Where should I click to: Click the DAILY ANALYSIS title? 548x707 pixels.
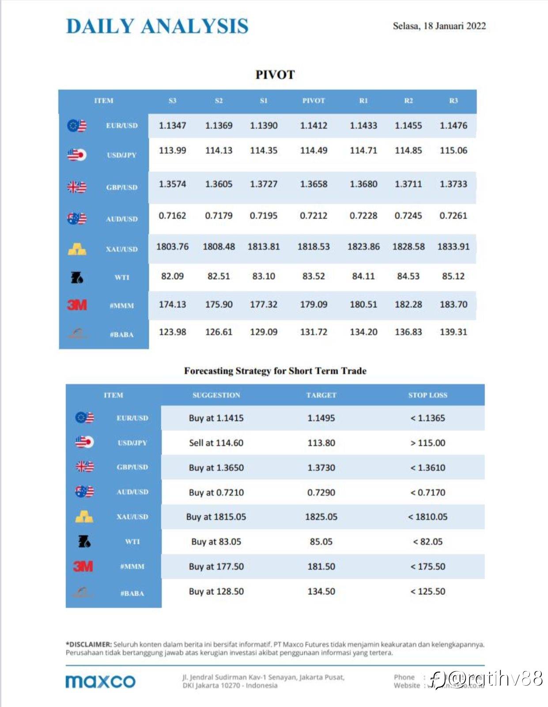click(157, 26)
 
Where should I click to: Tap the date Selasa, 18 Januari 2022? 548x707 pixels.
click(439, 26)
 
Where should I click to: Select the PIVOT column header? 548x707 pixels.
click(314, 101)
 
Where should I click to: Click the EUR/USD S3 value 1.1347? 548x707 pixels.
click(172, 125)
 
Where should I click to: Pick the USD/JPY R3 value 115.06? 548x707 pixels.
click(453, 150)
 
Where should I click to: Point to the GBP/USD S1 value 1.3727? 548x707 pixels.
click(264, 184)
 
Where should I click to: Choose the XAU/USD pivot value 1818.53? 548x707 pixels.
click(314, 247)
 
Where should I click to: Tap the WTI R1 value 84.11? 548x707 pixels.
click(363, 276)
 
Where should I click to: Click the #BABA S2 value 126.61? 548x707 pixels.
click(219, 332)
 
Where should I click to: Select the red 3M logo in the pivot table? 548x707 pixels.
click(77, 305)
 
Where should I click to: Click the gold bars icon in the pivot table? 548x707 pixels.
click(77, 249)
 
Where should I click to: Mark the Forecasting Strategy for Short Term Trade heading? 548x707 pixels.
click(275, 371)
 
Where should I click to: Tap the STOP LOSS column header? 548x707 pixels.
click(427, 395)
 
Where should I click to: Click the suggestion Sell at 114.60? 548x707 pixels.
click(216, 443)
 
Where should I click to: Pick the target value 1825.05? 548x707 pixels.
click(321, 517)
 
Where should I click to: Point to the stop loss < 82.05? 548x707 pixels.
click(427, 542)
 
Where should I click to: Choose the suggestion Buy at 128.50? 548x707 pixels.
click(216, 591)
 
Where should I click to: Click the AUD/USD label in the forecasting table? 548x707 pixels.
click(132, 492)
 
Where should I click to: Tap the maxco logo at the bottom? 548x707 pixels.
click(100, 681)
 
